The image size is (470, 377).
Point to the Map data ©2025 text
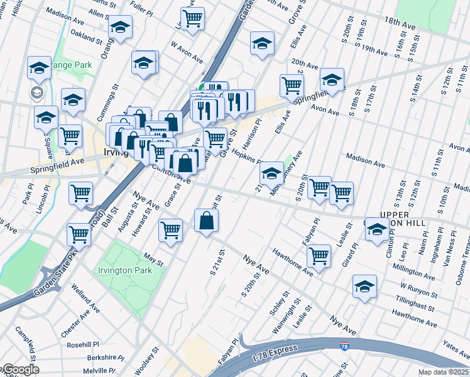pos(443,372)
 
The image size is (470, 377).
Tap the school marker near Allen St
pos(120,28)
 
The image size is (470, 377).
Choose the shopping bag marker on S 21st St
pos(207,221)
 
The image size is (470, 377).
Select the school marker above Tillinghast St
pos(364,287)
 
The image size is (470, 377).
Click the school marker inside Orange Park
pos(39,68)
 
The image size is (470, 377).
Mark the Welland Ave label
pos(85,302)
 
